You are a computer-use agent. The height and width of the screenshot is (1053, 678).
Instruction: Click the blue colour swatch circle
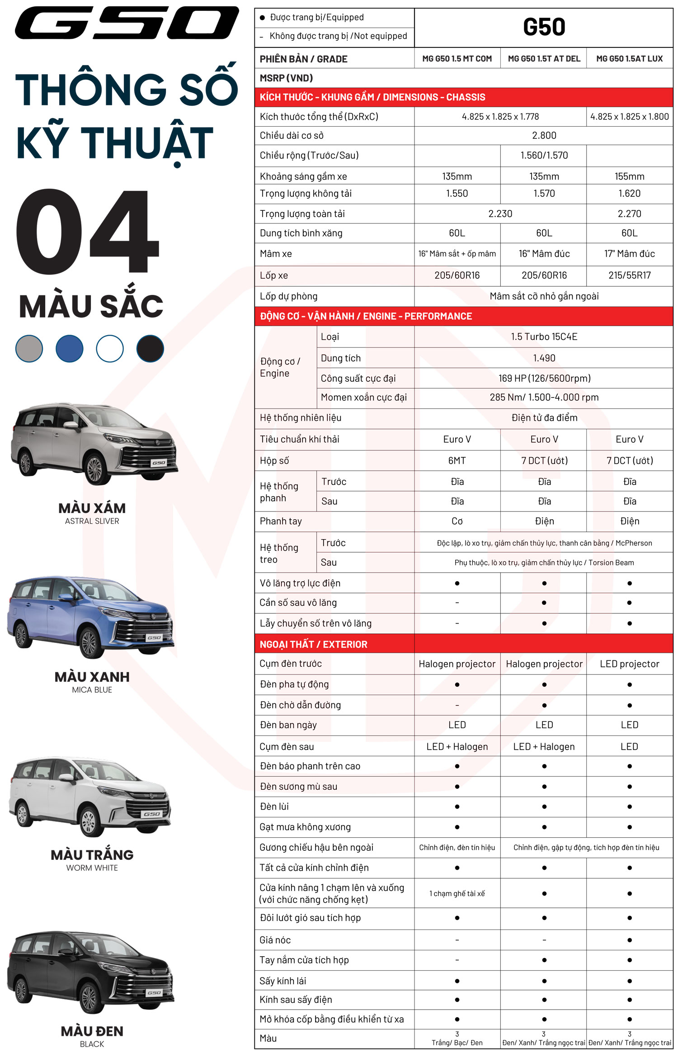point(69,348)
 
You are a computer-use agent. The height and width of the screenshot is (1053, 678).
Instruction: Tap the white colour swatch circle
point(110,348)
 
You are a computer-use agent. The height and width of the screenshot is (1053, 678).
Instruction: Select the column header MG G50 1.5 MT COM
point(457,59)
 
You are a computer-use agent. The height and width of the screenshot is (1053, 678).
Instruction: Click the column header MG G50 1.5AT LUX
point(629,59)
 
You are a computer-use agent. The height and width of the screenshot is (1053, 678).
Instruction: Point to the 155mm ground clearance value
point(629,176)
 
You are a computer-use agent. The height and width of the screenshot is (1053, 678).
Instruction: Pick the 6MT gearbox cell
point(457,460)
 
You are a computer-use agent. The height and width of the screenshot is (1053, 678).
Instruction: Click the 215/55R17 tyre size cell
point(629,275)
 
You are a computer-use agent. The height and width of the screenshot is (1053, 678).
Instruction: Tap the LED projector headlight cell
point(629,664)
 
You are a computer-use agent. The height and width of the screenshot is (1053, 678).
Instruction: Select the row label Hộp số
point(274,460)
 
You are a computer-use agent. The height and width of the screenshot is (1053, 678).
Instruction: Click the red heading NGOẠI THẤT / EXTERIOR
point(313,644)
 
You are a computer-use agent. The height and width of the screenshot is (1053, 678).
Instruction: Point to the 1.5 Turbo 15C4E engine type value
point(544,337)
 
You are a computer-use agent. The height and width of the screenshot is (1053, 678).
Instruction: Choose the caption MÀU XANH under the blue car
point(92,677)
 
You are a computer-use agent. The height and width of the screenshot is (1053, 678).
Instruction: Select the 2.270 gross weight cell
point(629,213)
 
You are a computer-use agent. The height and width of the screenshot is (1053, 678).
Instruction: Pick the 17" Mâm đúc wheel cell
point(629,254)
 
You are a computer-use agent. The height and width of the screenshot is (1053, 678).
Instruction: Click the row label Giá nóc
point(275,940)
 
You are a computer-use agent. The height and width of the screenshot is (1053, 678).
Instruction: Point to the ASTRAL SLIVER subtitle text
point(92,521)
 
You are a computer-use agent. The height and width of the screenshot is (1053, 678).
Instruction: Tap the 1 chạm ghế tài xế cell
point(457,893)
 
